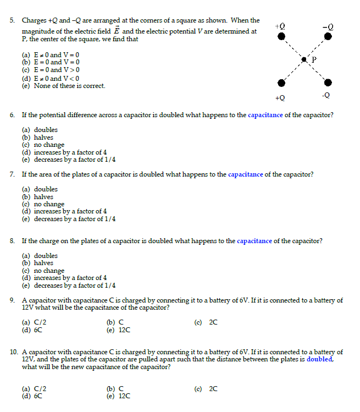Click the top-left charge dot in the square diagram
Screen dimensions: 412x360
[282, 37]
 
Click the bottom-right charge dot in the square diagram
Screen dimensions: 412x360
[328, 83]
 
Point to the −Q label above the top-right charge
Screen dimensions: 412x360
[328, 26]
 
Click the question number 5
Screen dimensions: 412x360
[12, 20]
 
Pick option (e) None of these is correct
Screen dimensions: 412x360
[63, 86]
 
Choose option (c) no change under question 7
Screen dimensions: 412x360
[43, 204]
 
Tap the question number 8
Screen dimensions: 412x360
[12, 241]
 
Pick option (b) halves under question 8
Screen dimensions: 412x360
[38, 263]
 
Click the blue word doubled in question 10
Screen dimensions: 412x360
[319, 359]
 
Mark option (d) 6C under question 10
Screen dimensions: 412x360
[32, 395]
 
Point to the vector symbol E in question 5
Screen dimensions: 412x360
[117, 31]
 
